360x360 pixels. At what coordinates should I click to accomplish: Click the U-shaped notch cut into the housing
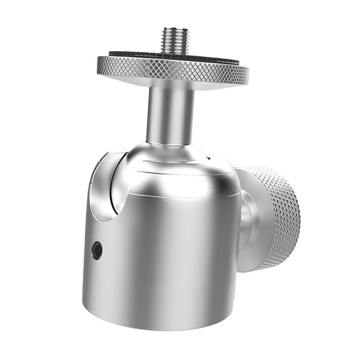point(103,187)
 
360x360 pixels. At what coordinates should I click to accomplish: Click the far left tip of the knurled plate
point(98,62)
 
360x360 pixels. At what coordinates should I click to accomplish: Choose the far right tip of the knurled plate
point(247,72)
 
